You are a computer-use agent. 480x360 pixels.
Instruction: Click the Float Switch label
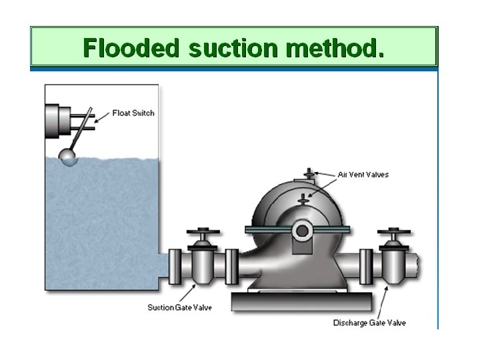click(133, 113)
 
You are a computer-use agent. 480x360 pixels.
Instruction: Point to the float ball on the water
click(68, 156)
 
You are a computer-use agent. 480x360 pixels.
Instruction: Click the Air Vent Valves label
click(363, 175)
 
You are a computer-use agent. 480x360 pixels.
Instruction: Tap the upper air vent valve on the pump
click(308, 175)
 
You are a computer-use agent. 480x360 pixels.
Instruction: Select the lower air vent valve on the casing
click(303, 198)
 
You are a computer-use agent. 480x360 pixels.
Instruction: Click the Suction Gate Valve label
click(175, 307)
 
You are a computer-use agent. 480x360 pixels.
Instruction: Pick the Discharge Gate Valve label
click(369, 323)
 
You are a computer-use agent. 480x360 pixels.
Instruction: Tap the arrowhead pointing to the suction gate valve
click(195, 285)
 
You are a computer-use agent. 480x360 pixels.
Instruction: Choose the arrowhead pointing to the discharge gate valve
click(387, 287)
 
